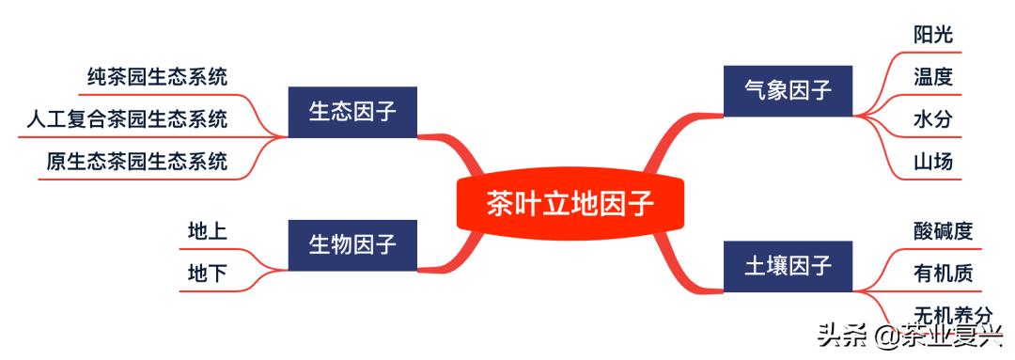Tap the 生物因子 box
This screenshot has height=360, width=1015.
[352, 245]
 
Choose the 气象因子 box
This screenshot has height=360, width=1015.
[788, 91]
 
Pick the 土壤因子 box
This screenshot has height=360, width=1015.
[788, 266]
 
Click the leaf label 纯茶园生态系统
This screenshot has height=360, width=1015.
[157, 76]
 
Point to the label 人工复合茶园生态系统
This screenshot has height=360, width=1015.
[127, 119]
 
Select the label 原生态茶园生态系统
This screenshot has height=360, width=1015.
[137, 162]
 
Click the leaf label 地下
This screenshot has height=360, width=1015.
[207, 274]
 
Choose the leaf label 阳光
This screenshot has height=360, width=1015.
[932, 35]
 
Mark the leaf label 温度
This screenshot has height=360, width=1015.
[932, 77]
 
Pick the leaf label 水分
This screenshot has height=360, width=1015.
[932, 119]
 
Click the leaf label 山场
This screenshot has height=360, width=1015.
[932, 162]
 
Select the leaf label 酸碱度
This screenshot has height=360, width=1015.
[943, 231]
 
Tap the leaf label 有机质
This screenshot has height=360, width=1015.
[943, 274]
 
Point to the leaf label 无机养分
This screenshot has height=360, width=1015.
[952, 315]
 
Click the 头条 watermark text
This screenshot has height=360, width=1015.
[839, 336]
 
